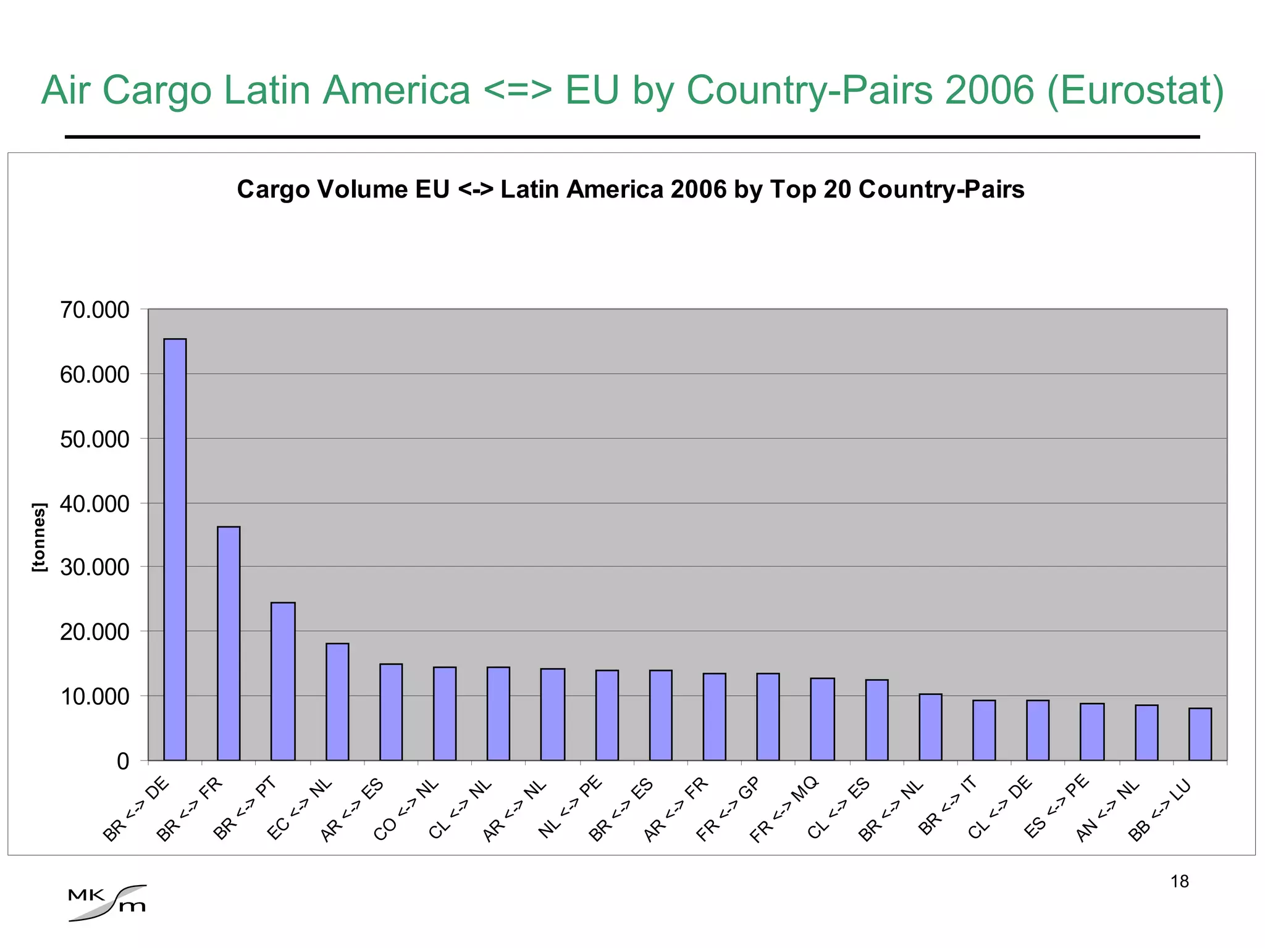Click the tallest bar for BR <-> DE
click(x=175, y=549)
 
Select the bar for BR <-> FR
click(x=229, y=643)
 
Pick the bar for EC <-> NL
click(x=337, y=702)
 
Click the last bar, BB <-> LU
click(x=1200, y=734)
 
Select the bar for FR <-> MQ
click(x=822, y=719)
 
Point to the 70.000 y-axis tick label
click(x=95, y=310)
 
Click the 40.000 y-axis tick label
click(x=95, y=504)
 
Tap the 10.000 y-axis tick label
click(x=95, y=697)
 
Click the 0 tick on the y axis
click(x=123, y=761)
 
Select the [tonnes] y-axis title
click(x=38, y=538)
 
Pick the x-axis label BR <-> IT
click(x=947, y=805)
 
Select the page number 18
click(x=1179, y=881)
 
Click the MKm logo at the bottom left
click(x=107, y=903)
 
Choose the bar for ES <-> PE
click(x=1091, y=731)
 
